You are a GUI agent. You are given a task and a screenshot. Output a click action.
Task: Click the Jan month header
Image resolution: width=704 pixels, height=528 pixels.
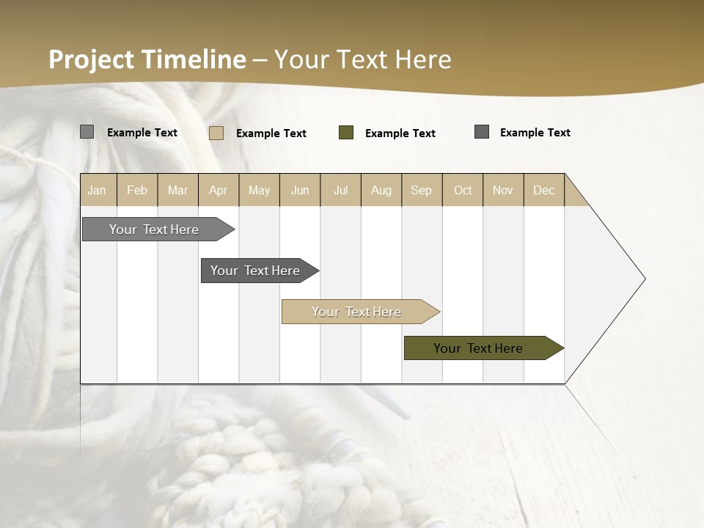97,190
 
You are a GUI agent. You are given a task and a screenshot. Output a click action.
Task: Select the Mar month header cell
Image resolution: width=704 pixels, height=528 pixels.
177,190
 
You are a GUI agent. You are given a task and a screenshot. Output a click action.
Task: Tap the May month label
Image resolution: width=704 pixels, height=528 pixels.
259,190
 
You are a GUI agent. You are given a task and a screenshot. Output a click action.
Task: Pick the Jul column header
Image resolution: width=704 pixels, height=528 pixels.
340,190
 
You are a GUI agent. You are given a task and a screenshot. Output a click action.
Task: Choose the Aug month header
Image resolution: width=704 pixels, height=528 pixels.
381,190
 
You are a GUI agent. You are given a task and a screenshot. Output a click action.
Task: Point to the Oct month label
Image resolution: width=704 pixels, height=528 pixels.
463,190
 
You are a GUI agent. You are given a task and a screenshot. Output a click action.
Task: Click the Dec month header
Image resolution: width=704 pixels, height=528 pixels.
543,190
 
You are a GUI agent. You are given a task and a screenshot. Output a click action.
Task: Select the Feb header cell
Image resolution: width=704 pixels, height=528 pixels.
137,190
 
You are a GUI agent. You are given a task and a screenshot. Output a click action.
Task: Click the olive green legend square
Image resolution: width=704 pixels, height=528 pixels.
346,133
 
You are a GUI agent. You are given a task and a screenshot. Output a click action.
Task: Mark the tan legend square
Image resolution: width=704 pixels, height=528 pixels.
216,133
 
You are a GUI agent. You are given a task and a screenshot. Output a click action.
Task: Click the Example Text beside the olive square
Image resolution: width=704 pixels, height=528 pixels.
400,133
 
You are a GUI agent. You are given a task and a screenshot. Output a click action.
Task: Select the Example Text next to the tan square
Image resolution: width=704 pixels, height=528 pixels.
271,133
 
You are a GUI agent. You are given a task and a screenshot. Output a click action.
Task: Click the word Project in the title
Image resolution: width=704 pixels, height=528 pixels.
92,59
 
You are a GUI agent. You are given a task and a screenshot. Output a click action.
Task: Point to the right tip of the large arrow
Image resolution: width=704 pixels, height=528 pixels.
644,279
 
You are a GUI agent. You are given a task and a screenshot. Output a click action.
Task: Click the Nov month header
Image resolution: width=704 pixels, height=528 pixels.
503,190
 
